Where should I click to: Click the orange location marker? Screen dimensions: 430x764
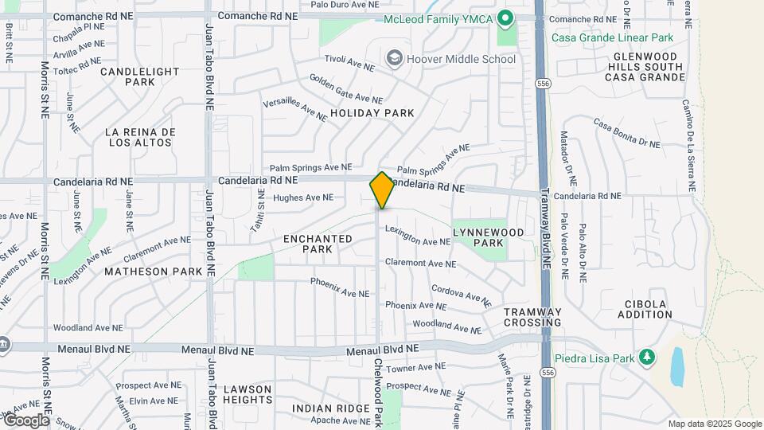click(x=382, y=190)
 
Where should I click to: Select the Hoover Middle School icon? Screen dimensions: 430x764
click(x=393, y=58)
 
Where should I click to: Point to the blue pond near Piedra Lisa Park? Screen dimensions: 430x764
click(x=677, y=366)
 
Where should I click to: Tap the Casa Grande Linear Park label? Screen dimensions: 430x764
click(x=612, y=37)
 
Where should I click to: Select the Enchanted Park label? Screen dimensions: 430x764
click(x=318, y=244)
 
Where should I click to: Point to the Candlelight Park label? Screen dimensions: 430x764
click(x=140, y=76)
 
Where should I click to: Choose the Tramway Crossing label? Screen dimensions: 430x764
click(x=532, y=317)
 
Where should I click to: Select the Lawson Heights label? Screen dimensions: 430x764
click(x=248, y=394)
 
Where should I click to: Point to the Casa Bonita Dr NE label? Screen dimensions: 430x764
click(x=627, y=132)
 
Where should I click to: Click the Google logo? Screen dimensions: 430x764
click(x=25, y=420)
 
